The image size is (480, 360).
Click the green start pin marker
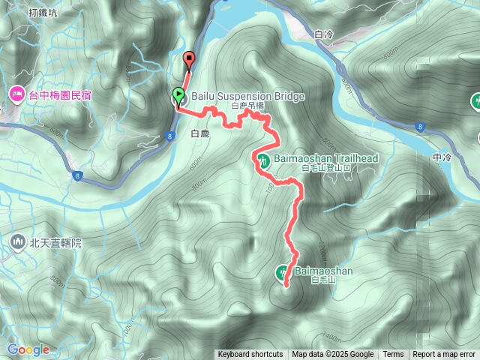coord(178,95)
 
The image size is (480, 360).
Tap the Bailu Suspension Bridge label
coord(237,96)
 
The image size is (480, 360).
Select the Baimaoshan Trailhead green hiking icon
coord(264,159)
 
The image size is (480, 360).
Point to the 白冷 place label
coord(323,34)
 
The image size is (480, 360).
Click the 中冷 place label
coord(442,157)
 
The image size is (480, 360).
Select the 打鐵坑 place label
coord(43,13)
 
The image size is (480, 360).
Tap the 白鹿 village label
coord(199,134)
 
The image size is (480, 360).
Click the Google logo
coord(28,349)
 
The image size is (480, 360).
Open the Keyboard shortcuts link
coord(250,355)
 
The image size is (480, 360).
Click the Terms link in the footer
coord(393,355)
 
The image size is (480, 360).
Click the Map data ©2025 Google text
coord(333,355)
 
